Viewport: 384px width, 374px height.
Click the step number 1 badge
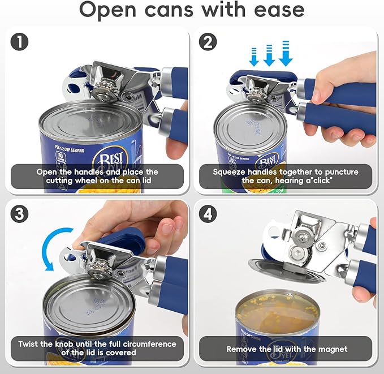click(20, 41)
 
